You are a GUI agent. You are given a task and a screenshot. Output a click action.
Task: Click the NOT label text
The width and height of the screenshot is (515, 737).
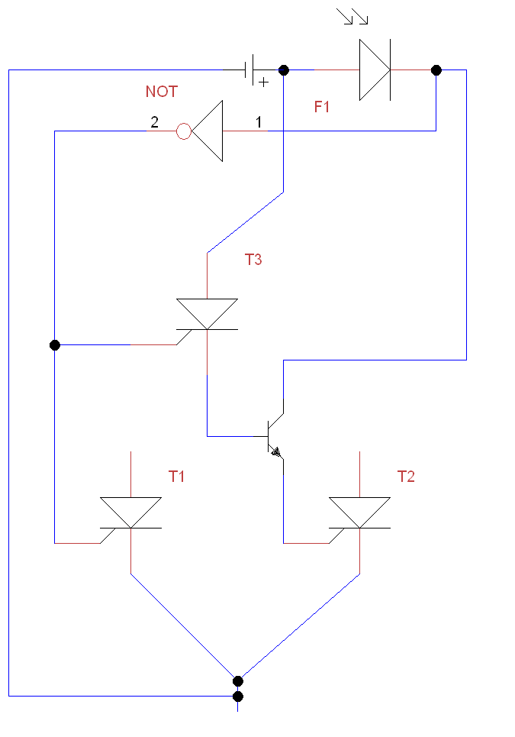(x=162, y=91)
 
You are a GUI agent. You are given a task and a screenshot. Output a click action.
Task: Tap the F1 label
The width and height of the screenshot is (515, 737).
(x=321, y=107)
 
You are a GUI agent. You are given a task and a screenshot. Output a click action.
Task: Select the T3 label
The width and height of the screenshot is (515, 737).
(x=253, y=260)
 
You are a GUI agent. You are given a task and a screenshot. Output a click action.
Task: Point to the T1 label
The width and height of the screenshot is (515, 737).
(x=176, y=477)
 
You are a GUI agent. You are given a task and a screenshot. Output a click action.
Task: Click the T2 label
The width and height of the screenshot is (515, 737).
(x=406, y=477)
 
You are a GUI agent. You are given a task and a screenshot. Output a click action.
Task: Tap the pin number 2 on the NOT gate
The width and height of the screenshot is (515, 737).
(x=154, y=122)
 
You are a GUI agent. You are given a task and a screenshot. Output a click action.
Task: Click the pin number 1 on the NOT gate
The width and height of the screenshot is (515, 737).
(x=258, y=122)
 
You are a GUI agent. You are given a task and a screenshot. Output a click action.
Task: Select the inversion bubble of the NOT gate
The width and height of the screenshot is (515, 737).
(x=184, y=131)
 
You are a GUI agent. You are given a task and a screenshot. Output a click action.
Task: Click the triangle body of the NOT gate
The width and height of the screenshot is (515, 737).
(x=207, y=131)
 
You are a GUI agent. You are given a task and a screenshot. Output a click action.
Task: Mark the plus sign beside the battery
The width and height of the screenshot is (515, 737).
(x=264, y=82)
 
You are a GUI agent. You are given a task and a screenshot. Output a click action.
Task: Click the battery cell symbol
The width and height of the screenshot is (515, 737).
(x=249, y=70)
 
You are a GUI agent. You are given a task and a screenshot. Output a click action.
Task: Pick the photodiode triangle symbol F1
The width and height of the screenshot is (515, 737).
(x=375, y=70)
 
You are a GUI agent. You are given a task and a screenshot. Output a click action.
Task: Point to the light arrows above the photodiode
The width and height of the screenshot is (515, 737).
(x=352, y=17)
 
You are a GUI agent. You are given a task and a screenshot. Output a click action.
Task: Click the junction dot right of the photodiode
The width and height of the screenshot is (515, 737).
(x=436, y=70)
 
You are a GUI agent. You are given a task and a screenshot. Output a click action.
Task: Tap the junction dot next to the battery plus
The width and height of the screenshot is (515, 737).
(x=284, y=70)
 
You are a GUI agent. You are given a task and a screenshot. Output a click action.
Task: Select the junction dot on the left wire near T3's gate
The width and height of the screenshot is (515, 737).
(x=54, y=345)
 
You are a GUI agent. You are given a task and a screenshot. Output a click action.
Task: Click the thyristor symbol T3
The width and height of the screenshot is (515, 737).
(x=207, y=314)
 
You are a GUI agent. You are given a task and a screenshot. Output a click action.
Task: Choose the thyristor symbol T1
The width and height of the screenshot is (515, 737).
(x=130, y=512)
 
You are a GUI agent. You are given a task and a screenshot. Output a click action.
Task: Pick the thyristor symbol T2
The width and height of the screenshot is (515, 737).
(x=359, y=512)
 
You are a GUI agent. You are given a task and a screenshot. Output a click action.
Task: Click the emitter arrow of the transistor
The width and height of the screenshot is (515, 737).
(x=276, y=453)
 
